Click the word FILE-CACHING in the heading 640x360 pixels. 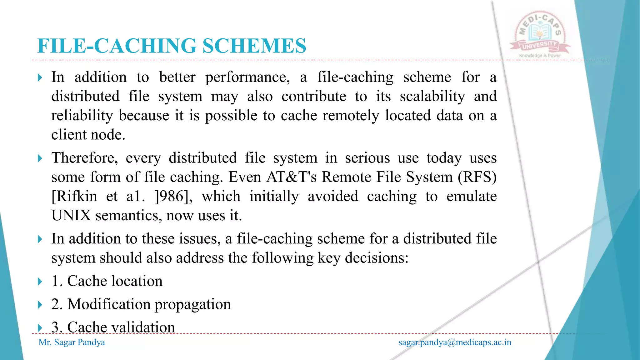point(117,46)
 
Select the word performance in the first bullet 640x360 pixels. point(247,77)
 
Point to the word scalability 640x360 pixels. point(432,96)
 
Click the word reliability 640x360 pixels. point(82,116)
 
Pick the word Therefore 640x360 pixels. point(84,158)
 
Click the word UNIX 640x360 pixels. point(71,216)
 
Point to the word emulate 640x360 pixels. point(471,197)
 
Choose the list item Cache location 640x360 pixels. point(107,281)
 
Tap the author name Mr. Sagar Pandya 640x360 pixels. point(72,342)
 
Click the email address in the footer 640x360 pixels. point(455,342)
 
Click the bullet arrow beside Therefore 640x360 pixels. point(40,158)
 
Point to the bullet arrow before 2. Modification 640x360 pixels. point(40,304)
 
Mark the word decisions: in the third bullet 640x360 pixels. point(377,258)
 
